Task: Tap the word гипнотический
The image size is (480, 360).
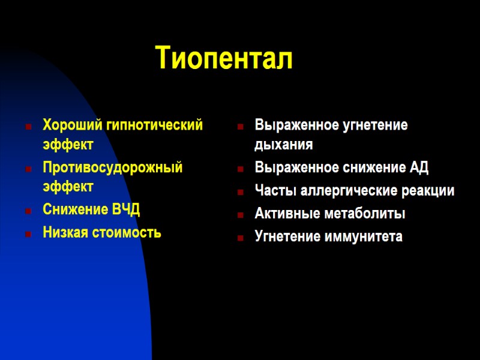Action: pyautogui.click(x=155, y=125)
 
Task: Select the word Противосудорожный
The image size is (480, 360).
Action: pyautogui.click(x=112, y=167)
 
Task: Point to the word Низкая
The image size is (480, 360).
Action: pyautogui.click(x=63, y=232)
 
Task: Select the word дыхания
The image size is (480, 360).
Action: pyautogui.click(x=283, y=145)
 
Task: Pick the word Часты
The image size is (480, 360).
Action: pyautogui.click(x=274, y=191)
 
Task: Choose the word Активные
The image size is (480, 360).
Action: pyautogui.click(x=283, y=214)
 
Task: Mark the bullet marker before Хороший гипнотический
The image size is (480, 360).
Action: pyautogui.click(x=28, y=127)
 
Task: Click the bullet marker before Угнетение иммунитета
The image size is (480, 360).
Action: pyautogui.click(x=239, y=238)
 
